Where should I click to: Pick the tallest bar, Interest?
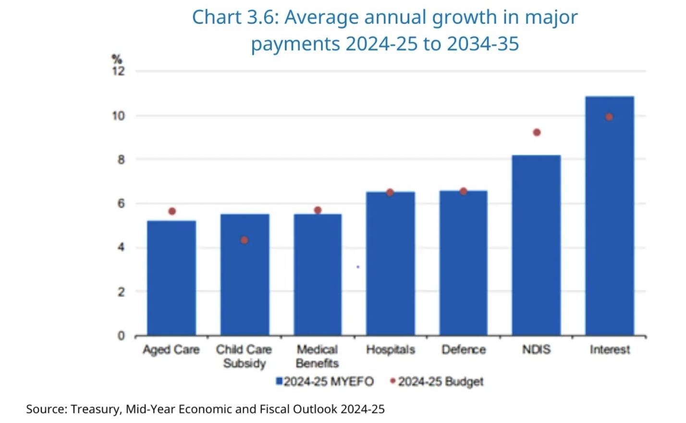point(609,216)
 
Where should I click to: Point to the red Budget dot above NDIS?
point(537,132)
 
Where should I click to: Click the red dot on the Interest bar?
point(609,117)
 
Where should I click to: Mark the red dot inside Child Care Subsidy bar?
point(244,240)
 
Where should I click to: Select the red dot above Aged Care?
point(172,211)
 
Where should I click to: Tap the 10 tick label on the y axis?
point(118,116)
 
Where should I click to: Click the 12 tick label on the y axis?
point(118,72)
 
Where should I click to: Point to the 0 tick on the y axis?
point(121,336)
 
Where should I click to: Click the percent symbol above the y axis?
point(117,59)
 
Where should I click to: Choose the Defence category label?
point(464,349)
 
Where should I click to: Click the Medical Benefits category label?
point(317,356)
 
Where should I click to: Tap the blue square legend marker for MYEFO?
point(279,381)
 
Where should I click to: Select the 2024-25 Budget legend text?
point(441,382)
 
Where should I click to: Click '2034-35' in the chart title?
point(482,44)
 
